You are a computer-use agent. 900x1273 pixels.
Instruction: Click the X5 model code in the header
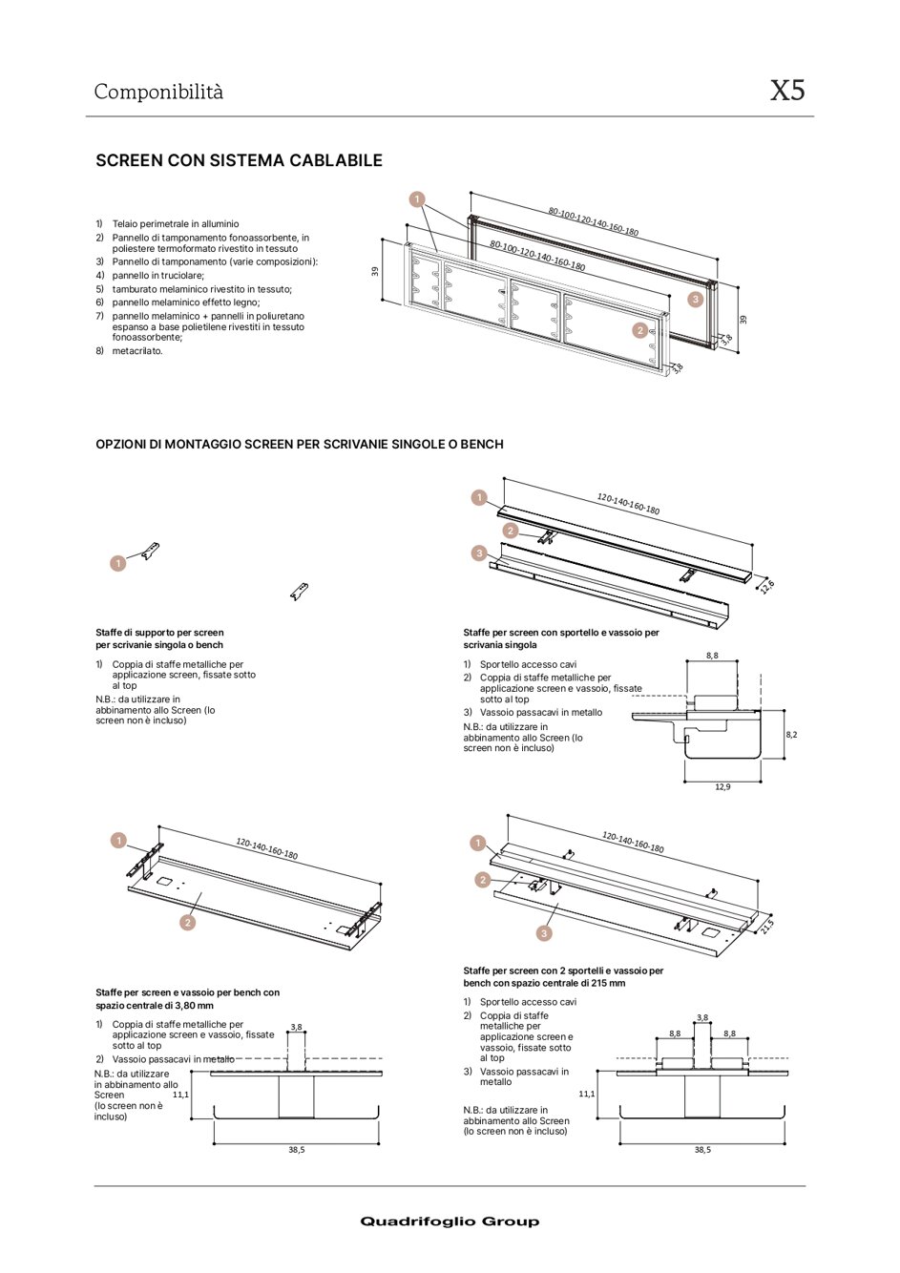point(787,91)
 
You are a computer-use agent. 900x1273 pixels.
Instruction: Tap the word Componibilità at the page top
point(158,93)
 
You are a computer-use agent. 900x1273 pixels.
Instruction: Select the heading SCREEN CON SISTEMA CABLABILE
point(239,160)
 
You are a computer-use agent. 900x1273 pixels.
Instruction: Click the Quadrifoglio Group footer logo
point(450,1221)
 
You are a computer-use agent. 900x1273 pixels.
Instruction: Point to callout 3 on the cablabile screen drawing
point(696,299)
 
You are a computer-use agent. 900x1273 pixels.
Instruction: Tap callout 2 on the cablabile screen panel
point(639,330)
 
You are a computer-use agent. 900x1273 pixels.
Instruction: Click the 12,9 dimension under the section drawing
point(722,786)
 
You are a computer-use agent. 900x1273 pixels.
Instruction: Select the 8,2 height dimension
point(791,735)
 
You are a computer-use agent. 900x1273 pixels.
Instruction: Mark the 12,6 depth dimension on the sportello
point(767,586)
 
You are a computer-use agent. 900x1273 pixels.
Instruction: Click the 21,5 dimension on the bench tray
point(767,925)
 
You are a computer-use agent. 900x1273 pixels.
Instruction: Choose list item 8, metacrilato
point(137,351)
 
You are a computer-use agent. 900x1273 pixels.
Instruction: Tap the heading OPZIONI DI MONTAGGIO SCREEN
point(299,444)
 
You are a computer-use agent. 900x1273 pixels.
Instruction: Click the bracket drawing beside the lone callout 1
point(150,552)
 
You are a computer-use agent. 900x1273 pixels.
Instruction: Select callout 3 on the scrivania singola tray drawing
point(479,553)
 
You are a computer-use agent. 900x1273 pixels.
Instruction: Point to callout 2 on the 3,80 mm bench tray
point(188,922)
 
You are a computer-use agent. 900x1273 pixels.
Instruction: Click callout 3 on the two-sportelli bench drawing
point(544,933)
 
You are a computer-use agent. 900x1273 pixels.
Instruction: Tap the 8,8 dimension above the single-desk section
point(712,656)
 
